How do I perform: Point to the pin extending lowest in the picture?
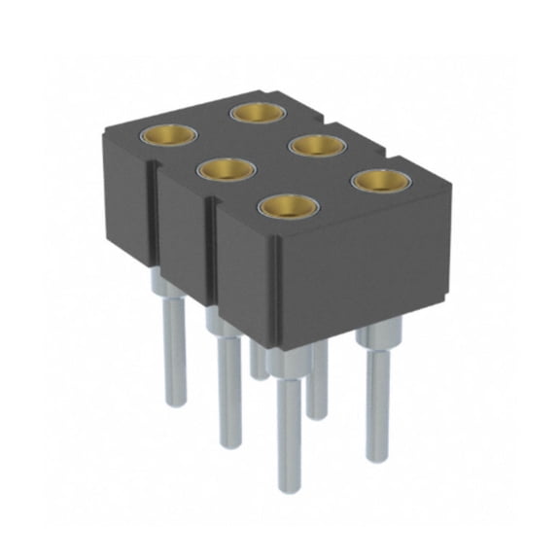pos(287,428)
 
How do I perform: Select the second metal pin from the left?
pos(228,389)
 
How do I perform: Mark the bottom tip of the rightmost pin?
pos(377,459)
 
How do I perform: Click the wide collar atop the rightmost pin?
pos(375,338)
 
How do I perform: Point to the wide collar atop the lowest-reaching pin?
pos(284,364)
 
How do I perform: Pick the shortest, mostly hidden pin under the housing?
pos(257,360)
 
